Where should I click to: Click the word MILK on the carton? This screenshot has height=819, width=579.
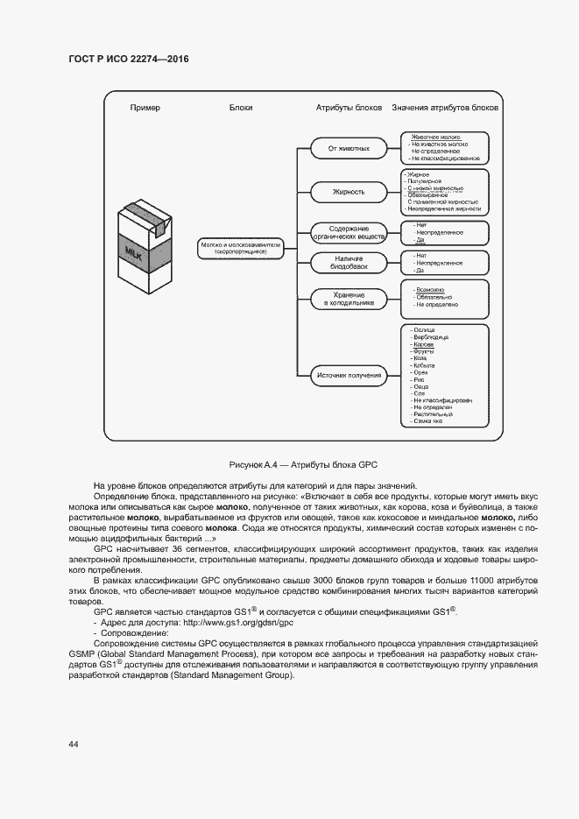point(134,255)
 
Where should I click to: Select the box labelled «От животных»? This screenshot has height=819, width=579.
point(349,149)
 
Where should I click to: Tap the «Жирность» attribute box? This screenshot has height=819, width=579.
point(349,192)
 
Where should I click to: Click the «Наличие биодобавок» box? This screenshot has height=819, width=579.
point(349,262)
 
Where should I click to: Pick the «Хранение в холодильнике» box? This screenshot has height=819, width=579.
point(349,299)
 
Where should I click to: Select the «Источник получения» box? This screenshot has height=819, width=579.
point(349,377)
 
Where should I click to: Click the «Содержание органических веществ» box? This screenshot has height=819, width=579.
point(349,232)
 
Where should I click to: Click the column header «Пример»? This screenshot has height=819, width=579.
point(145,108)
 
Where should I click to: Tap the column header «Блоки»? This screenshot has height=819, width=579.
point(241,108)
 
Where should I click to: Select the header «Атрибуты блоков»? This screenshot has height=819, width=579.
point(349,108)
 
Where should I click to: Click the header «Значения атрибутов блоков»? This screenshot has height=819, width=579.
point(445,108)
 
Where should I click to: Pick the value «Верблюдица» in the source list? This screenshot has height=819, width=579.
point(430,337)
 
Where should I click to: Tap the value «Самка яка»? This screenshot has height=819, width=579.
point(427,421)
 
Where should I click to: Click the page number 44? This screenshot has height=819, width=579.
point(73,744)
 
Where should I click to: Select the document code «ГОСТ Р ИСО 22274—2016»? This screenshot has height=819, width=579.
point(128,59)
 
